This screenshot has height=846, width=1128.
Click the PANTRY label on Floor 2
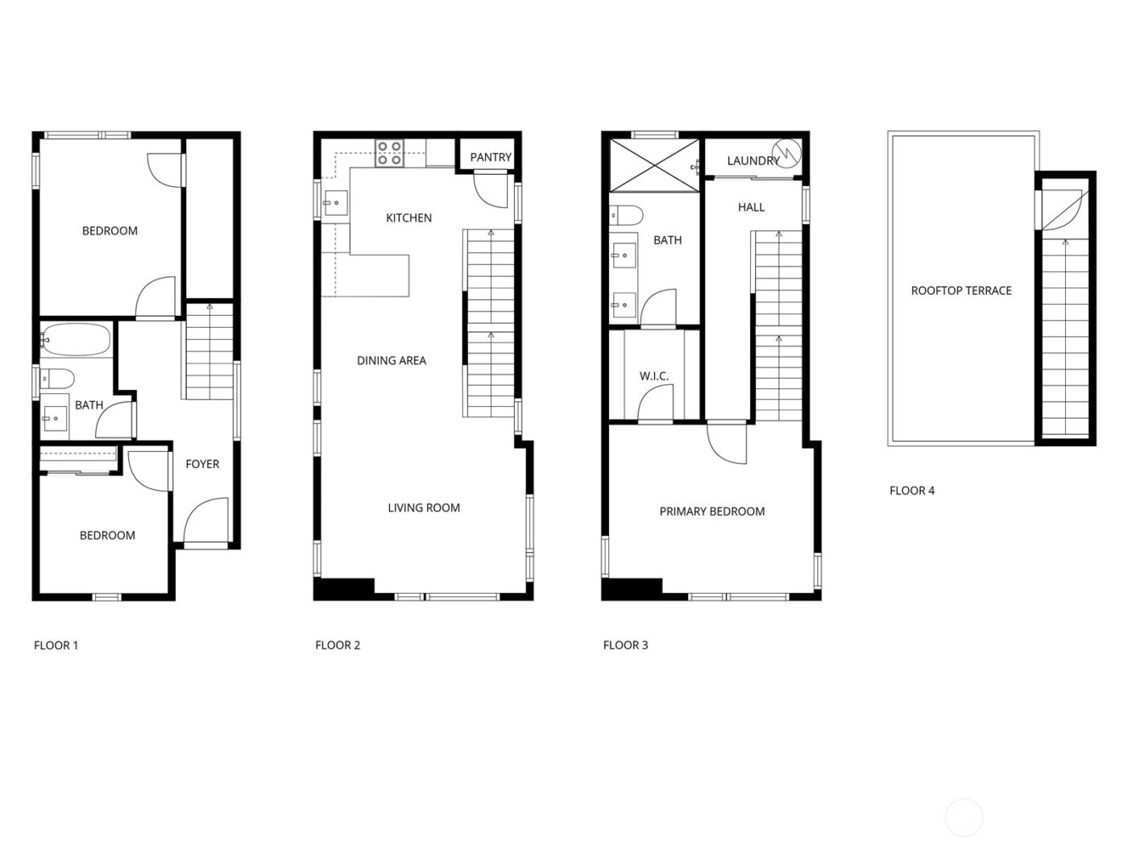[490, 157]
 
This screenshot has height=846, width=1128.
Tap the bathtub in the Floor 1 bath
[75, 340]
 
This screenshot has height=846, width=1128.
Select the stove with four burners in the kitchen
[391, 153]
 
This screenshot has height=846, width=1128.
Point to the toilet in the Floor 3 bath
[626, 215]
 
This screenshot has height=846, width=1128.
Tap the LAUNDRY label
[753, 160]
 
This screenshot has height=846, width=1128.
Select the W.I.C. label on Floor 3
[653, 376]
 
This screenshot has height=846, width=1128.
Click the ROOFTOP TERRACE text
[960, 291]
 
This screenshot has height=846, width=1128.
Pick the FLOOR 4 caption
[911, 490]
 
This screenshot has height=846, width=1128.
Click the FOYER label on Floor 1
[202, 464]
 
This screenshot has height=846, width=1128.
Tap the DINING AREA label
[391, 360]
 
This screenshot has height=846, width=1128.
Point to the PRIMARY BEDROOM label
[711, 511]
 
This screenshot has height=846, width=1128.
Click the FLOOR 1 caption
[56, 645]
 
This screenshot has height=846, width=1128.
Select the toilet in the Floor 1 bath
[58, 378]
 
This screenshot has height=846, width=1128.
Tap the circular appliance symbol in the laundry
[786, 151]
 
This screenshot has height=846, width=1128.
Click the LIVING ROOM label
[423, 508]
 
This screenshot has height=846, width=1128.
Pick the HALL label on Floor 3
[751, 207]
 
